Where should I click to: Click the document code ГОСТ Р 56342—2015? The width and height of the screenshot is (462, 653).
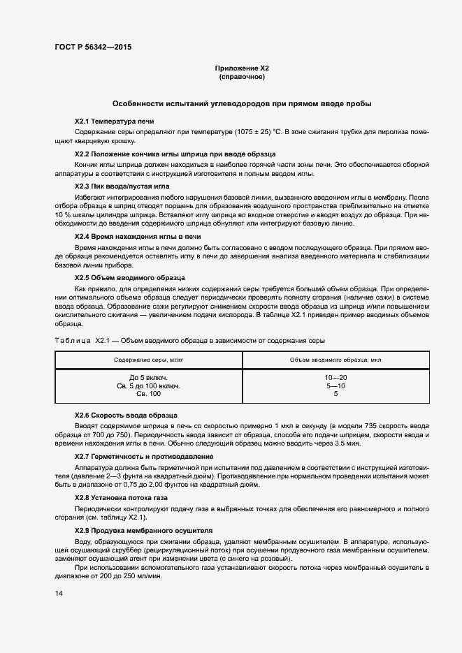click(92, 47)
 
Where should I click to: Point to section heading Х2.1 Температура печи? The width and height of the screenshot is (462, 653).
click(109, 122)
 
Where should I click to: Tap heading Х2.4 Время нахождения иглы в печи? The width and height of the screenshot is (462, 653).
click(138, 237)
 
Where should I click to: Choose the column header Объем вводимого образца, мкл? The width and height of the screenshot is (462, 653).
click(335, 360)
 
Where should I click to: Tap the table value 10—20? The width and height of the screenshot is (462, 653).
click(335, 377)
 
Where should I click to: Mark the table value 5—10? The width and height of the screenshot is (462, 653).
click(335, 386)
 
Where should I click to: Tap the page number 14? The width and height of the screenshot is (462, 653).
click(59, 594)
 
